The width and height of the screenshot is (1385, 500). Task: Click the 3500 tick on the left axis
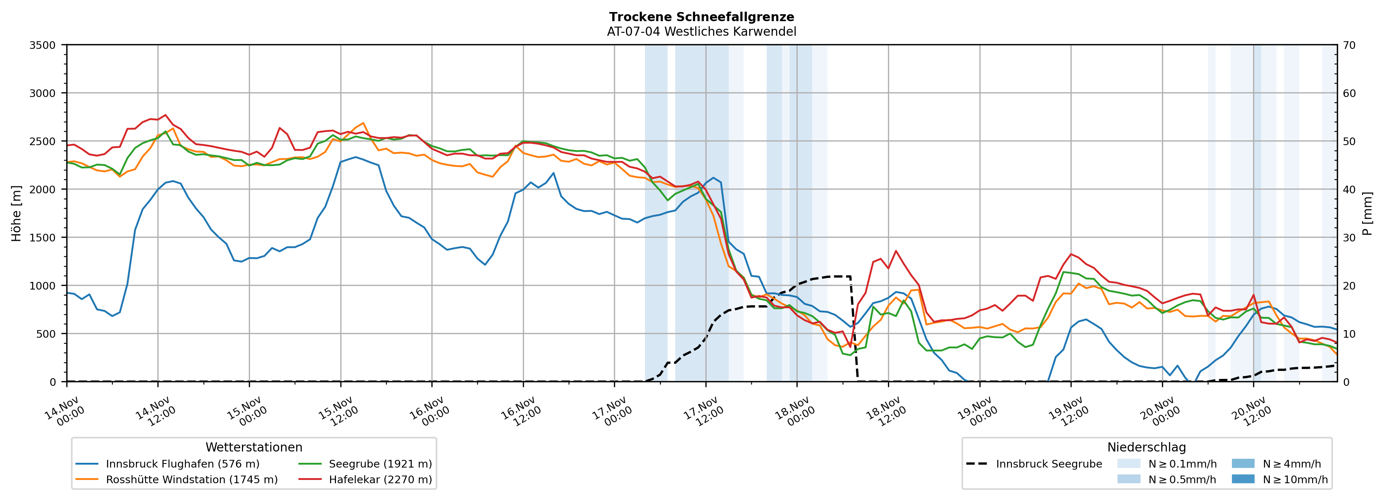pos(43,45)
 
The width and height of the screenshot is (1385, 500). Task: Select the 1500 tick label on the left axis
pos(43,237)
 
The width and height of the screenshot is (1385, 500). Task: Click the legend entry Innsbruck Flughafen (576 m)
pos(182,464)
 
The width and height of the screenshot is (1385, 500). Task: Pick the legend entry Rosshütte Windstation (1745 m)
pos(191,480)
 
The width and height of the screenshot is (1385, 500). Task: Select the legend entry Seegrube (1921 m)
pos(380,464)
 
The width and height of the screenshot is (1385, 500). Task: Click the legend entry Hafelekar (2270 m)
pos(380,480)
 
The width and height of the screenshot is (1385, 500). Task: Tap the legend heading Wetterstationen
pos(254,447)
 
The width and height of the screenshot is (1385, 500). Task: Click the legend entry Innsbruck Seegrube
pos(1048,464)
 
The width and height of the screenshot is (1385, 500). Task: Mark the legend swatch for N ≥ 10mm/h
pos(1243,479)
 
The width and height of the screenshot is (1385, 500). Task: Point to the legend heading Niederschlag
pos(1146,447)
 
